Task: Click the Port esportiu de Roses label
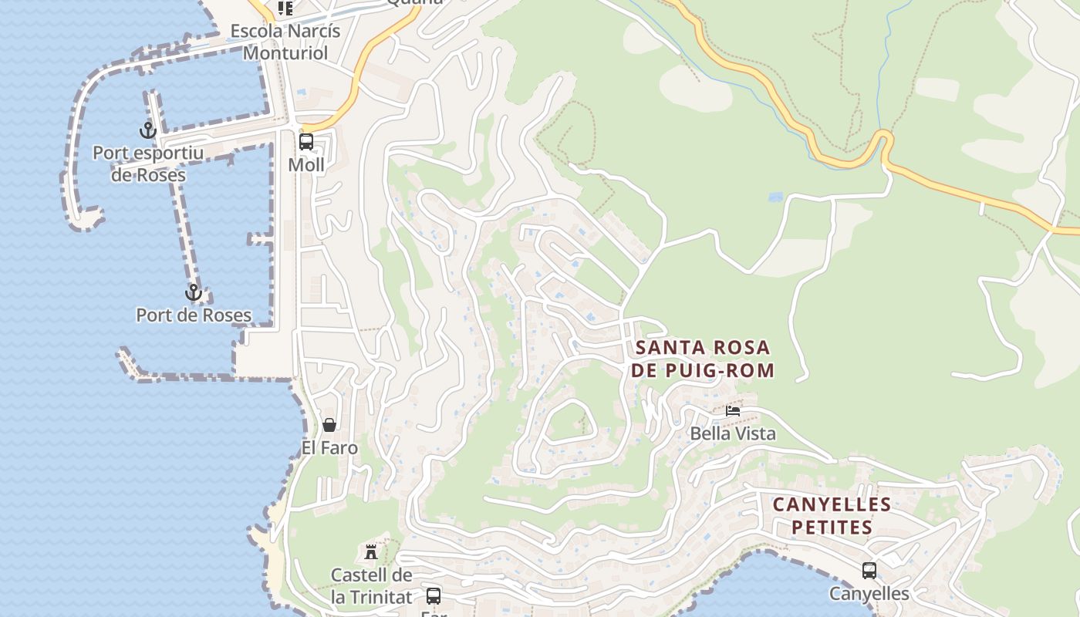coord(148,164)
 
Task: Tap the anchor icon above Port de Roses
coord(193,293)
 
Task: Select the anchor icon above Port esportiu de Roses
coord(147,130)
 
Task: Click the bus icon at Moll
coord(306,142)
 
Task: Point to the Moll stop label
coord(306,165)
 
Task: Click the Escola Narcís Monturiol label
coord(285,42)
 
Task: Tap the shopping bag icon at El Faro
coord(329,425)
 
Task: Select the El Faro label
coord(329,447)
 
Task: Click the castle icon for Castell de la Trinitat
coord(371,551)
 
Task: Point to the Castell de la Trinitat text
coord(371,585)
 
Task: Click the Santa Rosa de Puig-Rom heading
coord(702,359)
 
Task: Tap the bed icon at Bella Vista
coord(733,411)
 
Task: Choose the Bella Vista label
coord(733,433)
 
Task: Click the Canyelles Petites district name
coord(832,516)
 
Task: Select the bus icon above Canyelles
coord(869,571)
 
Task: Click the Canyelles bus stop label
coord(869,594)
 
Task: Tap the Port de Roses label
coord(194,315)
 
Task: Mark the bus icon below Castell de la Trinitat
coord(434,595)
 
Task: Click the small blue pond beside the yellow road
coord(775,197)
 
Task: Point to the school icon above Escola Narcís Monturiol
coord(285,8)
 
